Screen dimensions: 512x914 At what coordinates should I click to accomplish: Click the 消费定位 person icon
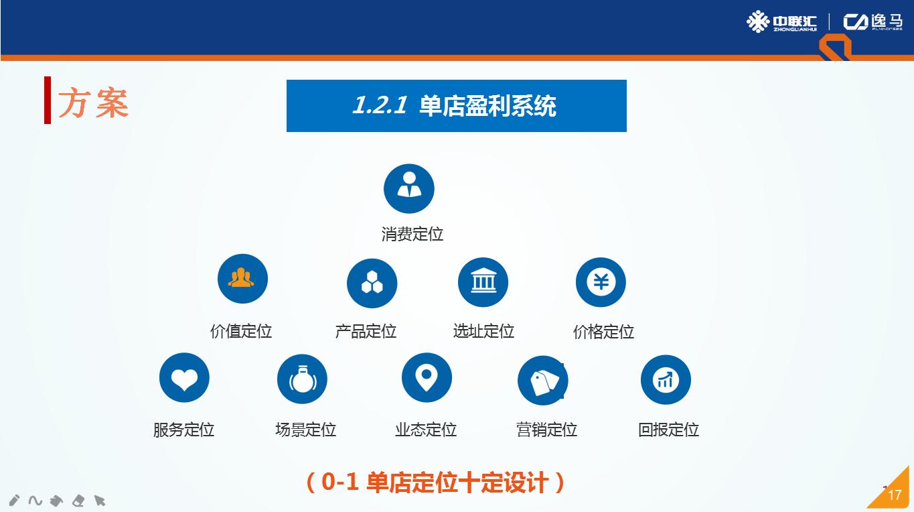tap(409, 189)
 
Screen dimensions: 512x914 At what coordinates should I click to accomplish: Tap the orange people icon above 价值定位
tap(242, 279)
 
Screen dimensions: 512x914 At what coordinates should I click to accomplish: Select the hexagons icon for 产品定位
tap(372, 283)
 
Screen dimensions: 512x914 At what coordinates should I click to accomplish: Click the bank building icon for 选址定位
tap(483, 282)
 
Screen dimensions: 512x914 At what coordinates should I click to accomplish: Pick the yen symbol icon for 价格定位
tap(601, 282)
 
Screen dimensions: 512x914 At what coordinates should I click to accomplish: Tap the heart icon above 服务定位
tap(184, 379)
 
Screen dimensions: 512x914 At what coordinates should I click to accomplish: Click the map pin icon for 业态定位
tap(427, 378)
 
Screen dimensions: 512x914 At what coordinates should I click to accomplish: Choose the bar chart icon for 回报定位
tap(666, 380)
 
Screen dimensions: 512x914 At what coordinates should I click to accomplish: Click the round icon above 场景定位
tap(302, 379)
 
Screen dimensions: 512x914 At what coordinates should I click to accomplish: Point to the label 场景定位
tap(305, 430)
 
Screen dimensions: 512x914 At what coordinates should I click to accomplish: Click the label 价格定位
tap(603, 332)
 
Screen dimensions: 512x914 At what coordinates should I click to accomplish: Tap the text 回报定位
tap(668, 430)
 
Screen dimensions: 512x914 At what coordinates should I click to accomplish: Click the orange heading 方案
tap(93, 103)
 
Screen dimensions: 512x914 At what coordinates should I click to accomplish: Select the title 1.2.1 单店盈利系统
tap(456, 106)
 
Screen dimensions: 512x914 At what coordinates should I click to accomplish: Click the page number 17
tap(895, 495)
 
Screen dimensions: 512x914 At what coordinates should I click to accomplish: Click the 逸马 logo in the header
tap(872, 22)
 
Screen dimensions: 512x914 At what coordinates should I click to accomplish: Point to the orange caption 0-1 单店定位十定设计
tap(435, 483)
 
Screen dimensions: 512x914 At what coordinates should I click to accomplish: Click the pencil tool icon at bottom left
tap(15, 500)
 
